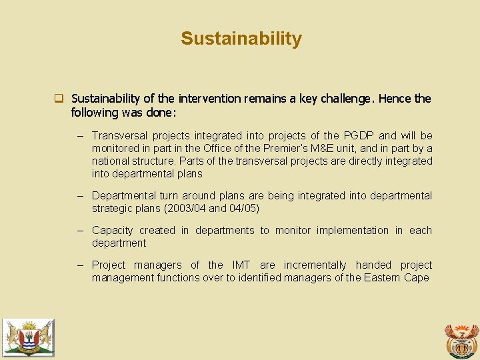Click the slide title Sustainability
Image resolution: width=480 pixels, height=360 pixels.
click(x=241, y=39)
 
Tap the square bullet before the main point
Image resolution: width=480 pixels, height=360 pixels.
click(x=59, y=99)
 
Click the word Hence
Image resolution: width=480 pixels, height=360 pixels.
click(x=395, y=99)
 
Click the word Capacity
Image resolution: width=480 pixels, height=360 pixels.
click(x=112, y=231)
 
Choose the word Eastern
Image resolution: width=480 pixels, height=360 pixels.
click(x=382, y=278)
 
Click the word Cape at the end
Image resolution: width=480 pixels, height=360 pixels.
click(x=417, y=278)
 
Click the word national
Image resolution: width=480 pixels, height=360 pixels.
click(x=111, y=161)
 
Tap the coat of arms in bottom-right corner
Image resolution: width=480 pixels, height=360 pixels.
click(x=461, y=341)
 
